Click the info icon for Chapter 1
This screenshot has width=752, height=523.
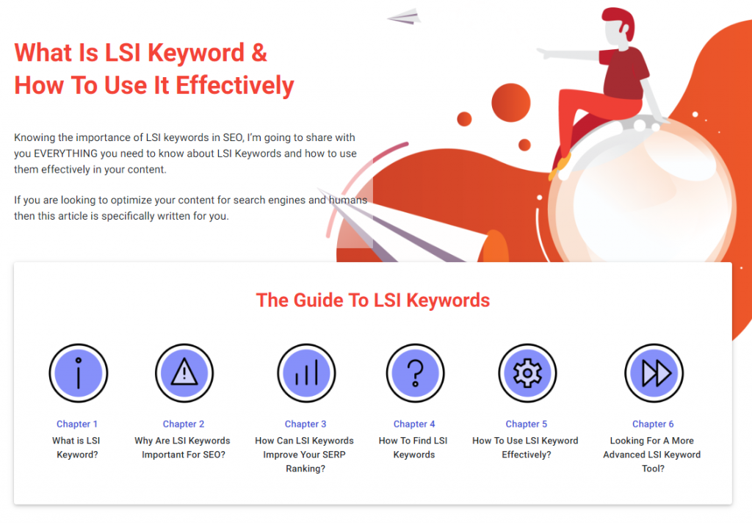[78, 373]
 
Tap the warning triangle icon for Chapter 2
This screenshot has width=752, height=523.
[184, 373]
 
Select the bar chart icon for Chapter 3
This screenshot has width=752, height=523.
[306, 373]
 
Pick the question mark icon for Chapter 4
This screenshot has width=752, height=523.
[416, 373]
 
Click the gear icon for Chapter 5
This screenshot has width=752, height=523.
[527, 373]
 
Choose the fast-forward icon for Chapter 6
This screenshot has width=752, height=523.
[654, 373]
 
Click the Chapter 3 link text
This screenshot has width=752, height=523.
[305, 424]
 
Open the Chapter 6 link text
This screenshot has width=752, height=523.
[653, 424]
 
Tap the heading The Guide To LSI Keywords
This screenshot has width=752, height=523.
[372, 300]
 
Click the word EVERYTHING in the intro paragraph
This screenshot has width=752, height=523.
[65, 154]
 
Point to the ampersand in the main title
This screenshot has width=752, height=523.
[259, 52]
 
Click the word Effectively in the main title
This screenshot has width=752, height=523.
[235, 86]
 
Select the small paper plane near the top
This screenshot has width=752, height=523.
[405, 17]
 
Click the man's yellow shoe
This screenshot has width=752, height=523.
[560, 165]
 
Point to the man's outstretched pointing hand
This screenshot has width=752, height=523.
[543, 53]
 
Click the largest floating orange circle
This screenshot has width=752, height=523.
[511, 103]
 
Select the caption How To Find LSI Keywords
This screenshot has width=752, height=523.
[413, 447]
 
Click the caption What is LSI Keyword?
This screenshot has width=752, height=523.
[76, 447]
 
